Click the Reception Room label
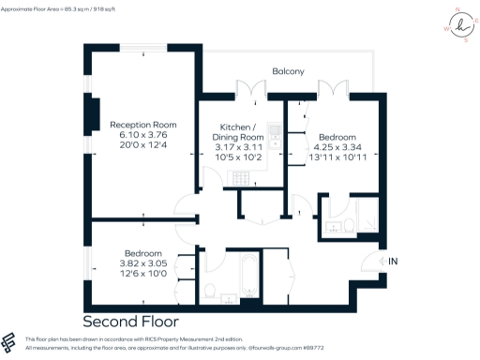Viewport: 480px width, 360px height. tap(142, 125)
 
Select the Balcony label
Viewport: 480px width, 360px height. tap(289, 71)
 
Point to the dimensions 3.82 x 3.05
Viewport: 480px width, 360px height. tap(143, 263)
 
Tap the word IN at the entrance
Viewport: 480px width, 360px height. tap(393, 260)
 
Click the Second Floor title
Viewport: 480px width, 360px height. tap(129, 320)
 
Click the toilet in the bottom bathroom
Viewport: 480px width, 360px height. tap(209, 290)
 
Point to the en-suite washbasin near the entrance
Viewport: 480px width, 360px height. tap(348, 224)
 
